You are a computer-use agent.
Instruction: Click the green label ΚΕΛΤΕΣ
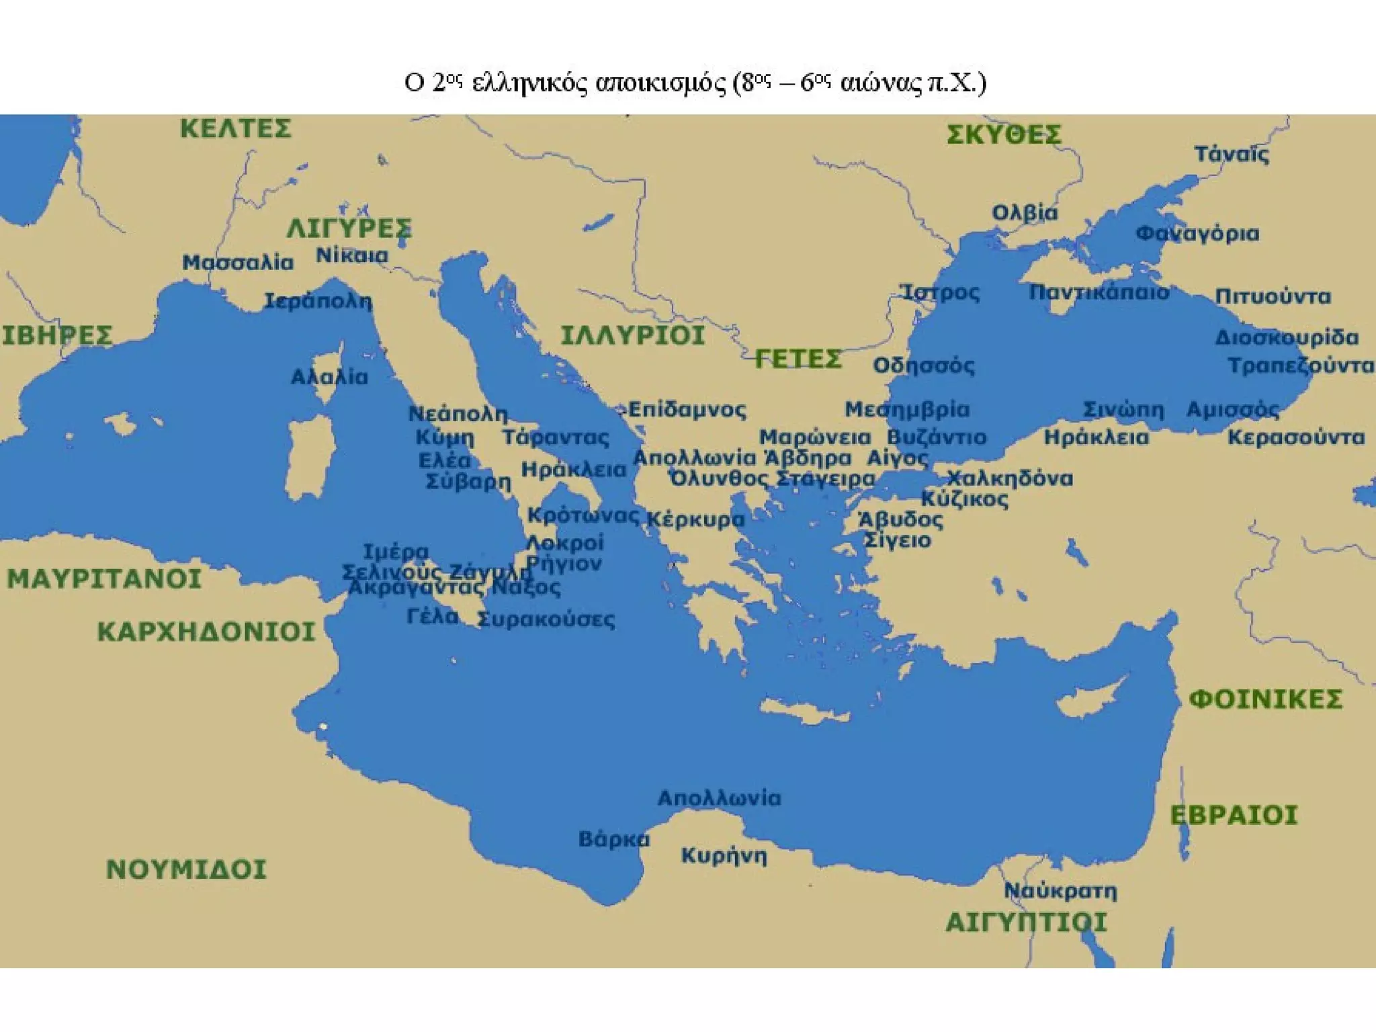point(235,128)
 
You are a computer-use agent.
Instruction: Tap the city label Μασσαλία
point(238,263)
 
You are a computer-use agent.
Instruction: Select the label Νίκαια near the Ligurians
point(352,256)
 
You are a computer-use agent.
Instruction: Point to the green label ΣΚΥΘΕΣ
point(1004,135)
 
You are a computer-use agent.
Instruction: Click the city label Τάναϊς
point(1232,155)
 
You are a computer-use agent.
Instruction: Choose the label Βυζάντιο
point(937,437)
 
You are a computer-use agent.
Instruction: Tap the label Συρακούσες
point(546,619)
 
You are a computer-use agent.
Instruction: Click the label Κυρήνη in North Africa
point(724,856)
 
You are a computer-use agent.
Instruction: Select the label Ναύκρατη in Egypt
point(1060,891)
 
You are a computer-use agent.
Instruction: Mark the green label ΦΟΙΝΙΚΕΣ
point(1266,699)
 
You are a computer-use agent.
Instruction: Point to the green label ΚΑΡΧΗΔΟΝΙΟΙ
point(206,632)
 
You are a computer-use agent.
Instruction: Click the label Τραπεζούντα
point(1300,366)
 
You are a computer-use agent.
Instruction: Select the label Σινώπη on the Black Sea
point(1123,410)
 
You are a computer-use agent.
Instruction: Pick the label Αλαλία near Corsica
point(329,377)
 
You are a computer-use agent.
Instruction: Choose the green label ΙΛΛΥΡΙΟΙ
point(632,335)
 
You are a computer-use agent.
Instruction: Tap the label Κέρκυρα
point(695,519)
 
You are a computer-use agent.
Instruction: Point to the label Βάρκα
point(613,839)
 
